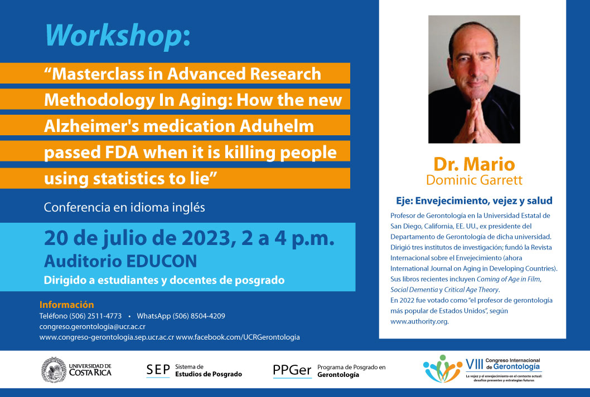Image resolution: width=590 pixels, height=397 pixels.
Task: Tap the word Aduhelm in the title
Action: [277, 126]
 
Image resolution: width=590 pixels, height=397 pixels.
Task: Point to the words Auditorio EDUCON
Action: [120, 261]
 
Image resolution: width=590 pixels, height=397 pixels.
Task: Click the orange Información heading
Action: [66, 305]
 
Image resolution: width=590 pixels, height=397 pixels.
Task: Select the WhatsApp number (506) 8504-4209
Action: [199, 316]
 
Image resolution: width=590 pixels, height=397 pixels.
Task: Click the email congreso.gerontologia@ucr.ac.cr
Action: [93, 327]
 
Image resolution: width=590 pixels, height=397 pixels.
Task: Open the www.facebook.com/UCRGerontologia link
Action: [238, 337]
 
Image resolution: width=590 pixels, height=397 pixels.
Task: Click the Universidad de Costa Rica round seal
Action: [54, 370]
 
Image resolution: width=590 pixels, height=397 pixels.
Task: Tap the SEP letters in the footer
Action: [158, 370]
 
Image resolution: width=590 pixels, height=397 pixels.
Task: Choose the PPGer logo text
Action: [292, 370]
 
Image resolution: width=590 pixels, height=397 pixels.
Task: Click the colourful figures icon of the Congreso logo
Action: [443, 369]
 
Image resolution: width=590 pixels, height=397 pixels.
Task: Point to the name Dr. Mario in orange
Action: [474, 164]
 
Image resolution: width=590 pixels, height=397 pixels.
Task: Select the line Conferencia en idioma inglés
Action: [124, 207]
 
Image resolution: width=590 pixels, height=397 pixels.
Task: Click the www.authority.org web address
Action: [419, 321]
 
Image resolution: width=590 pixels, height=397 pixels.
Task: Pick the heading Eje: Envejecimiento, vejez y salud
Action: [474, 201]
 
